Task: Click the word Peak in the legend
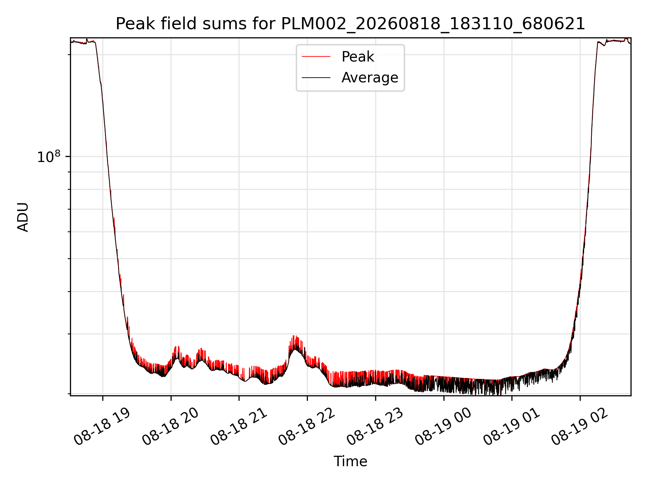click(358, 57)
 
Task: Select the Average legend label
click(370, 78)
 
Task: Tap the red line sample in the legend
click(316, 57)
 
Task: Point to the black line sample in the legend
click(316, 78)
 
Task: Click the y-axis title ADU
click(23, 217)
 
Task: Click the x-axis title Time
click(350, 461)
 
